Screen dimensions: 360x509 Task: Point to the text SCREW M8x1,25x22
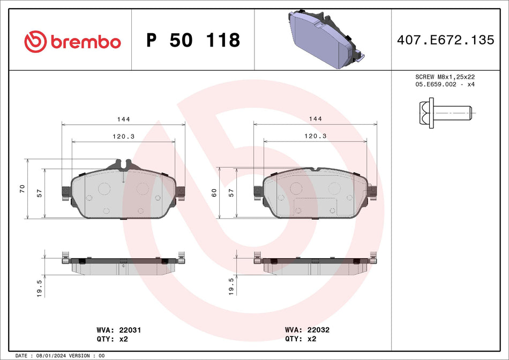coord(445,77)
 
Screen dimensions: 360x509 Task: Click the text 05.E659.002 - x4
coord(445,85)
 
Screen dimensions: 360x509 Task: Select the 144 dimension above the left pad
coord(124,119)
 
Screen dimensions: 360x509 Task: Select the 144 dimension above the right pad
coord(316,119)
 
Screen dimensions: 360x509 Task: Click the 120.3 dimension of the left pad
coord(124,136)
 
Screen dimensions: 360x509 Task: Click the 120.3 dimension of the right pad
coord(316,136)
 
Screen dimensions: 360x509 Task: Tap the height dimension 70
coord(22,189)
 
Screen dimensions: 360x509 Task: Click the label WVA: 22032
coord(307,331)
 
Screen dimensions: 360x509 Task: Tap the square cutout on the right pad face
coord(303,207)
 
